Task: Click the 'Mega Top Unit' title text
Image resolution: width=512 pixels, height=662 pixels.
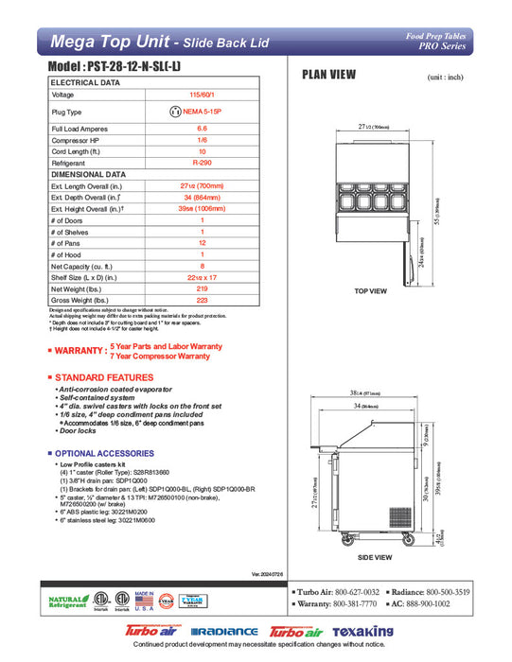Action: (107, 41)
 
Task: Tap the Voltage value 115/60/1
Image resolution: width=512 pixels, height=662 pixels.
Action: (202, 95)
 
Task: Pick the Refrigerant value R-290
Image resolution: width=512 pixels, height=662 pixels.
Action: (202, 163)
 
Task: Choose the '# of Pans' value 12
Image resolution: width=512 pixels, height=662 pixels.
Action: (202, 242)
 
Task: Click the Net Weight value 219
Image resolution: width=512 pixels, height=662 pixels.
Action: (202, 287)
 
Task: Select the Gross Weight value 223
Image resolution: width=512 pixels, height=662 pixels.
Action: (202, 299)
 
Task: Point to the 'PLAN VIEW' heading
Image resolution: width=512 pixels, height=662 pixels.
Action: (328, 75)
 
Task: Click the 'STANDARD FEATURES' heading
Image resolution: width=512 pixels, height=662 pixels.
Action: (99, 377)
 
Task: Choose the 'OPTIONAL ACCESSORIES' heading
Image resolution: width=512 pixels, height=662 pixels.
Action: (106, 454)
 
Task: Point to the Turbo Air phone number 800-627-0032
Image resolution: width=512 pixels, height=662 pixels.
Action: (361, 591)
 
